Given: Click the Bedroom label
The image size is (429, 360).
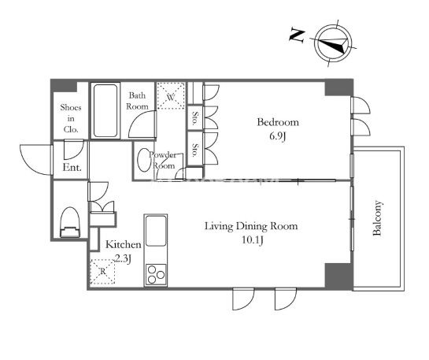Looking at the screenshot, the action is tap(278, 122).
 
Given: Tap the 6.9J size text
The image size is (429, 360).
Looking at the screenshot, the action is tap(277, 136).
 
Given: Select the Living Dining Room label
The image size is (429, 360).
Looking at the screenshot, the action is tap(251, 226).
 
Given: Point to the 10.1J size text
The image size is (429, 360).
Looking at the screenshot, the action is tap(253, 240).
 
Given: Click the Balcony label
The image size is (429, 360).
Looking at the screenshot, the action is tap(377, 218).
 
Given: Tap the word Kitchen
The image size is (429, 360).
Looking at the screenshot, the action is tap(124, 244).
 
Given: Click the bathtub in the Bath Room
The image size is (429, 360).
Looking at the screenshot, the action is tap(105, 110).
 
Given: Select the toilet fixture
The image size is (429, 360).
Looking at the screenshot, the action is tap(70, 222).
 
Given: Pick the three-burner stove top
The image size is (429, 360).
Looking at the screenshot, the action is tap(156, 275).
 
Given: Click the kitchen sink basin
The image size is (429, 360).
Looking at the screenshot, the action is tap(156, 231).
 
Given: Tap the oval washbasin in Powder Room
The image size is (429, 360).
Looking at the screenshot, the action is tap(142, 160).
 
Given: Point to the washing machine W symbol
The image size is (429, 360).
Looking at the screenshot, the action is tap(171, 97).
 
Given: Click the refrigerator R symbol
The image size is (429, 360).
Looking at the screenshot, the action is tap(102, 271).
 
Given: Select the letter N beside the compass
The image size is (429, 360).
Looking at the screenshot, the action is tap(297, 35).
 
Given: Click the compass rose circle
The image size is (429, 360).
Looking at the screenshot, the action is tap(333, 43).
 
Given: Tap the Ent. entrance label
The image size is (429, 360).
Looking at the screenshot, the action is tap(72, 167).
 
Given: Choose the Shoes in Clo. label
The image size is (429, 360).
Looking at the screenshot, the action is tap(71, 118).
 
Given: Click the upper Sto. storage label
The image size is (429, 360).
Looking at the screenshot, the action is tap(195, 117).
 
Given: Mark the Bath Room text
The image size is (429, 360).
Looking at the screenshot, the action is tap(137, 101).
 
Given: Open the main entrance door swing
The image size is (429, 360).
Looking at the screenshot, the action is tap(36, 160).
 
